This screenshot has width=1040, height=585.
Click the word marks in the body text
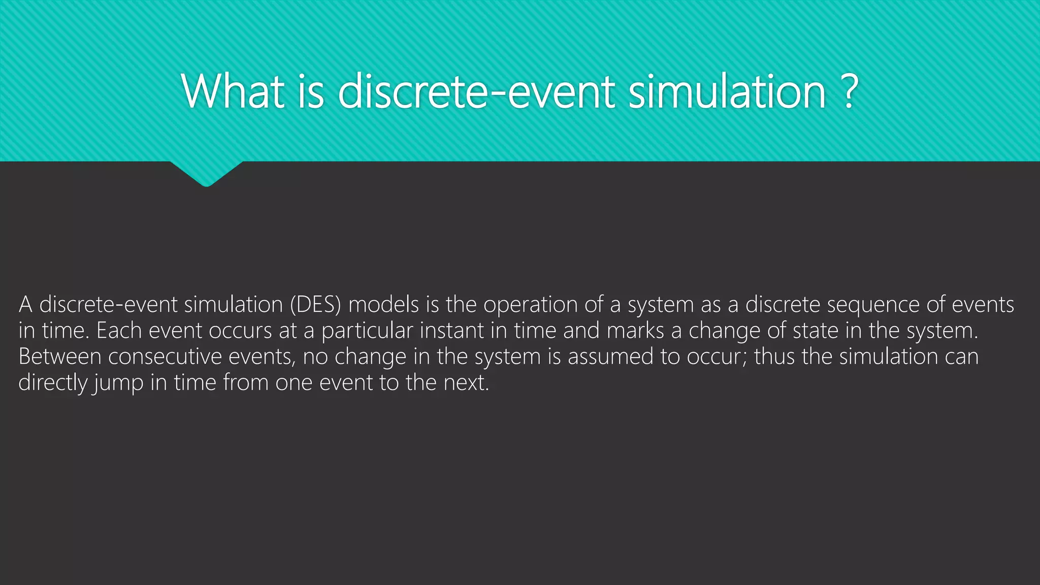tap(635, 331)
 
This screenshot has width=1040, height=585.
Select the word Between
tap(60, 356)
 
